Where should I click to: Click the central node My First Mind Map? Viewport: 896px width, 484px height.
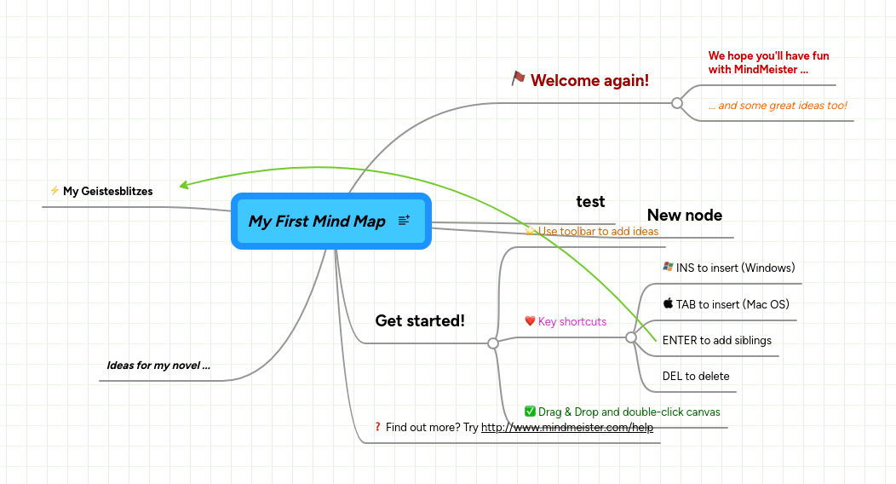click(x=317, y=222)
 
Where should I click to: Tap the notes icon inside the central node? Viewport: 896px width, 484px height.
click(x=404, y=221)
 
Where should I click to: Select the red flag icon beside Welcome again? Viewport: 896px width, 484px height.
click(x=518, y=78)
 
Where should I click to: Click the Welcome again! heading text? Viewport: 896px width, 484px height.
click(x=589, y=80)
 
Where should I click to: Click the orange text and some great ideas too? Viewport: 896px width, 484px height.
click(x=777, y=106)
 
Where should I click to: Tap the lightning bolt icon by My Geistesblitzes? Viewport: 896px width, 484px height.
click(x=55, y=191)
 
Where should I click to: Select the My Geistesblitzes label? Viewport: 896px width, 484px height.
click(x=108, y=191)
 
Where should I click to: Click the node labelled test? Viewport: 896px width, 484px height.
click(x=590, y=201)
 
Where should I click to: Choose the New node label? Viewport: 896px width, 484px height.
click(x=684, y=215)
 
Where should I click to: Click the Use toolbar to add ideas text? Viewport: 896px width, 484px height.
click(x=598, y=231)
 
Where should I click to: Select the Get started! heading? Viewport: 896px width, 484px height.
click(x=420, y=320)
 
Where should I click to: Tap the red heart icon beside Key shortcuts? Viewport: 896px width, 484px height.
click(x=530, y=321)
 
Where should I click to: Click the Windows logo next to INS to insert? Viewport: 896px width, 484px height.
click(x=668, y=267)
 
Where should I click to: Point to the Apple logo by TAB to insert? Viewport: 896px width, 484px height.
click(x=668, y=303)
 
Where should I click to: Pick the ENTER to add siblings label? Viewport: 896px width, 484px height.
click(x=716, y=340)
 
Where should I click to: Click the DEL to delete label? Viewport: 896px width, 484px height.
click(x=696, y=376)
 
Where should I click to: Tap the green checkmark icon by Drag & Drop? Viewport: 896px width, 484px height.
click(x=530, y=412)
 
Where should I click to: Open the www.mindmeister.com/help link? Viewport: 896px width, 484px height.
click(x=566, y=428)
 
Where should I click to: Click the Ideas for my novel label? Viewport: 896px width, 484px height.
click(x=158, y=366)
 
